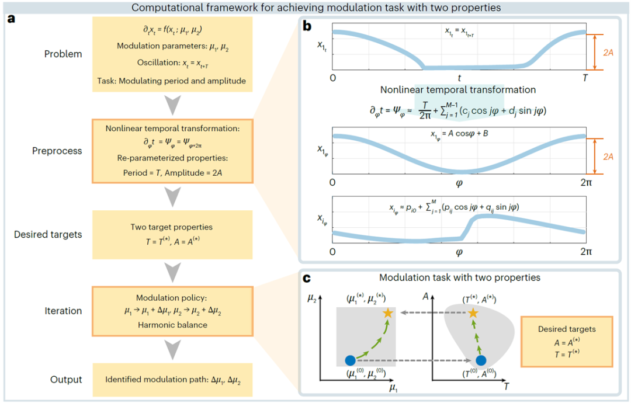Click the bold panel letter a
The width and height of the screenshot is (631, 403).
click(11, 19)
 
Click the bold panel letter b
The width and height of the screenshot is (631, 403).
click(307, 26)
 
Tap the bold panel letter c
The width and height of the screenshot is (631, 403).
click(307, 279)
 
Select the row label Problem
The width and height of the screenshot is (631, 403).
click(63, 54)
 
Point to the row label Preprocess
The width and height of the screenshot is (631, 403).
click(57, 151)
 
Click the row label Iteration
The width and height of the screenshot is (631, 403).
click(63, 311)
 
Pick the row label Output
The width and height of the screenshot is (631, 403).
click(66, 380)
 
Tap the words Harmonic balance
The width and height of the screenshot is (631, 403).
click(172, 325)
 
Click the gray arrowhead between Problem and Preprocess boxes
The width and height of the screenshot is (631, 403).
click(172, 105)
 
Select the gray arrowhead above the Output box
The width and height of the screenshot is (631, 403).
click(172, 349)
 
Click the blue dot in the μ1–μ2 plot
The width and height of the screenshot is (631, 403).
click(351, 360)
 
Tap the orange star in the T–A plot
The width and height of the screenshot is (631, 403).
click(473, 312)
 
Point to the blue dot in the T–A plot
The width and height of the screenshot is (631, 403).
click(481, 360)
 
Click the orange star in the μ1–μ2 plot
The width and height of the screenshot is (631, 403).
click(388, 312)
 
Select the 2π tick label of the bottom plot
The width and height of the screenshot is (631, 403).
click(586, 252)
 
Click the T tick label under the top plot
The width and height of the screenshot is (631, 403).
click(585, 78)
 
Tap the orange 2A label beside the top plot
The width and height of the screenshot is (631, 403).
click(608, 53)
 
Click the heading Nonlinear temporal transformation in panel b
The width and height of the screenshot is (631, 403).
click(458, 90)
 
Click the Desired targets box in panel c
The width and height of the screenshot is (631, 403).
click(567, 342)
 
